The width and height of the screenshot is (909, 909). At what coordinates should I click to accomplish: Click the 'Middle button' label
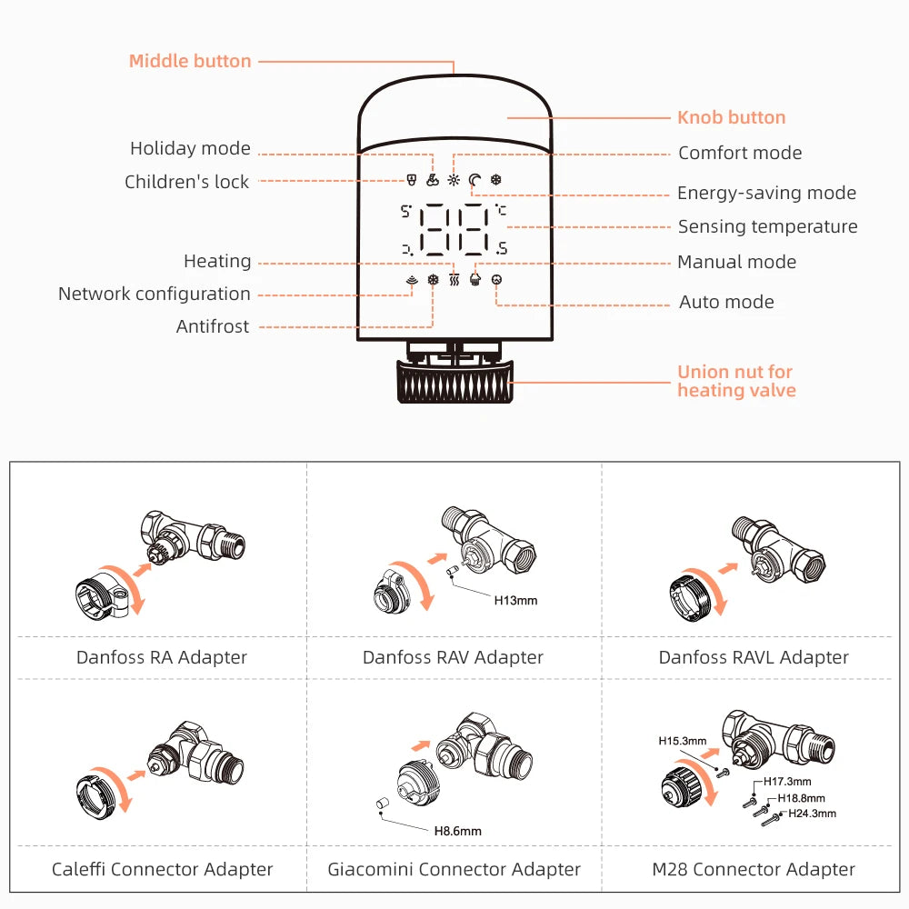(190, 62)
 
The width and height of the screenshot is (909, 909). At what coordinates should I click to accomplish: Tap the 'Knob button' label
(731, 117)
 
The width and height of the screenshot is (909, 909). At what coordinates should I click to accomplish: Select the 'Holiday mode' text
(190, 148)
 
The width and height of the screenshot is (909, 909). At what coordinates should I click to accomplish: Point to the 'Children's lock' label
(186, 182)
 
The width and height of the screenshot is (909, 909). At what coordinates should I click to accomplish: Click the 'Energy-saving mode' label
(766, 193)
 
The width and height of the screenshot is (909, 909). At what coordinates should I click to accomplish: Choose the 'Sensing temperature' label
(767, 226)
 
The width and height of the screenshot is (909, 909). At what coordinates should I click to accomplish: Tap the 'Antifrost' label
(212, 326)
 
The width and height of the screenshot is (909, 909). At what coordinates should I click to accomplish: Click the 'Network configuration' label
(154, 294)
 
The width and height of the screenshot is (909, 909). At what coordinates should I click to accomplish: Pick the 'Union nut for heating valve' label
(736, 381)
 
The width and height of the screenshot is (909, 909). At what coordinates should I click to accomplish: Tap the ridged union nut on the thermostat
(455, 382)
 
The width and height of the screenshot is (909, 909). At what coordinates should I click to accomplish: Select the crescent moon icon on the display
(474, 180)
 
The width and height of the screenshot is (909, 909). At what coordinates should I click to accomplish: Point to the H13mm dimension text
(515, 600)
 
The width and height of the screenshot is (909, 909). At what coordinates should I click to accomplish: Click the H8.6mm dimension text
(457, 831)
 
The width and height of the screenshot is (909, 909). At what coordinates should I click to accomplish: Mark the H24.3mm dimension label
(811, 814)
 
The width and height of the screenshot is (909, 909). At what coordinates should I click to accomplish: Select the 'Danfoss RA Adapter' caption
(162, 657)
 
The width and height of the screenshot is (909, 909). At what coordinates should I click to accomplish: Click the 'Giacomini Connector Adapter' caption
(454, 870)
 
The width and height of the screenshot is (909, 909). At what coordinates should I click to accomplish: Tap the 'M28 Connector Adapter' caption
(754, 870)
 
